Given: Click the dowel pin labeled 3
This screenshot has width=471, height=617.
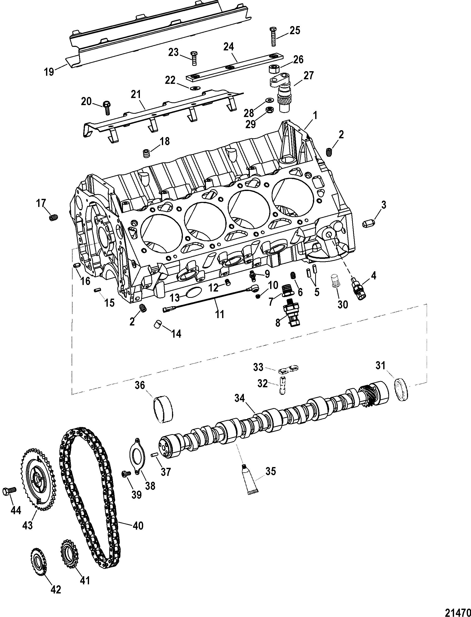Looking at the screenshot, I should point(367,224).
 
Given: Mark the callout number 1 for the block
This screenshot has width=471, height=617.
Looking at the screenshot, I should point(315,115).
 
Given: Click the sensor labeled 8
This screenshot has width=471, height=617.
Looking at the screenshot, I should point(292,311).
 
